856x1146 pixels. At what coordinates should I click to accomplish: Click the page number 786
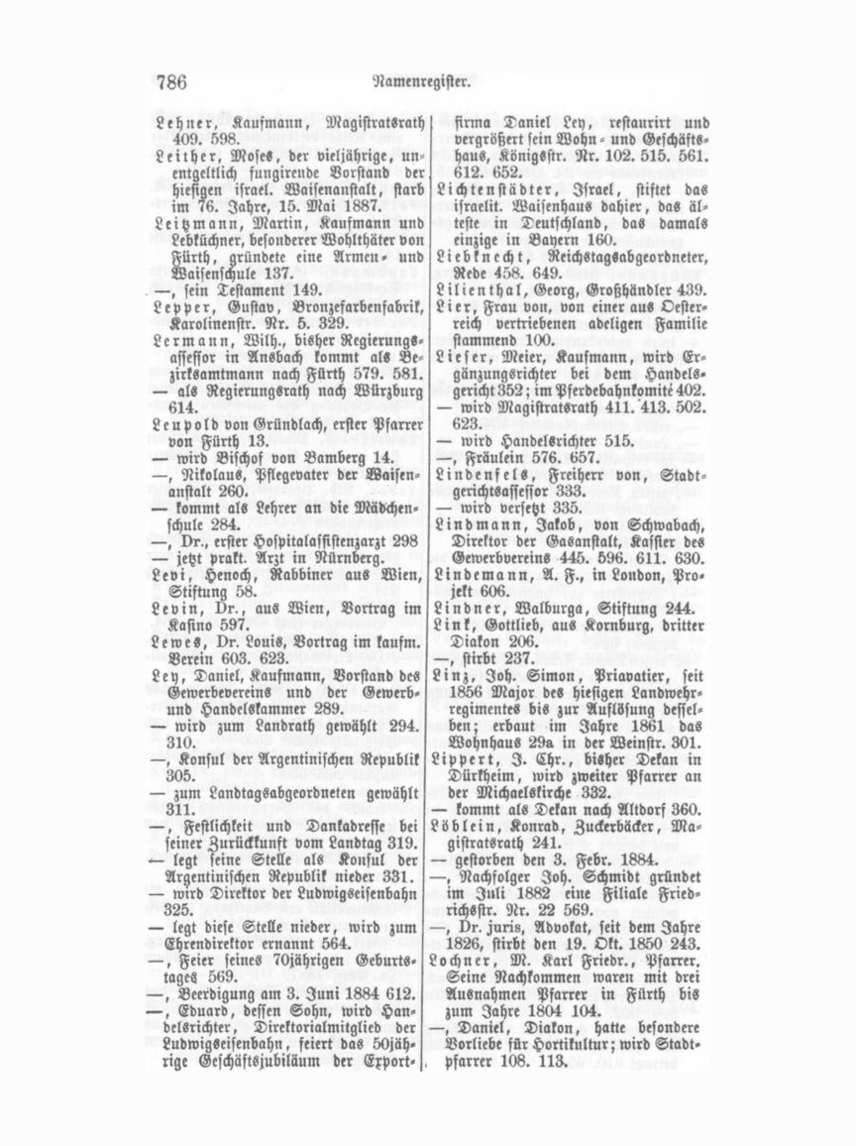coord(171,82)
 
